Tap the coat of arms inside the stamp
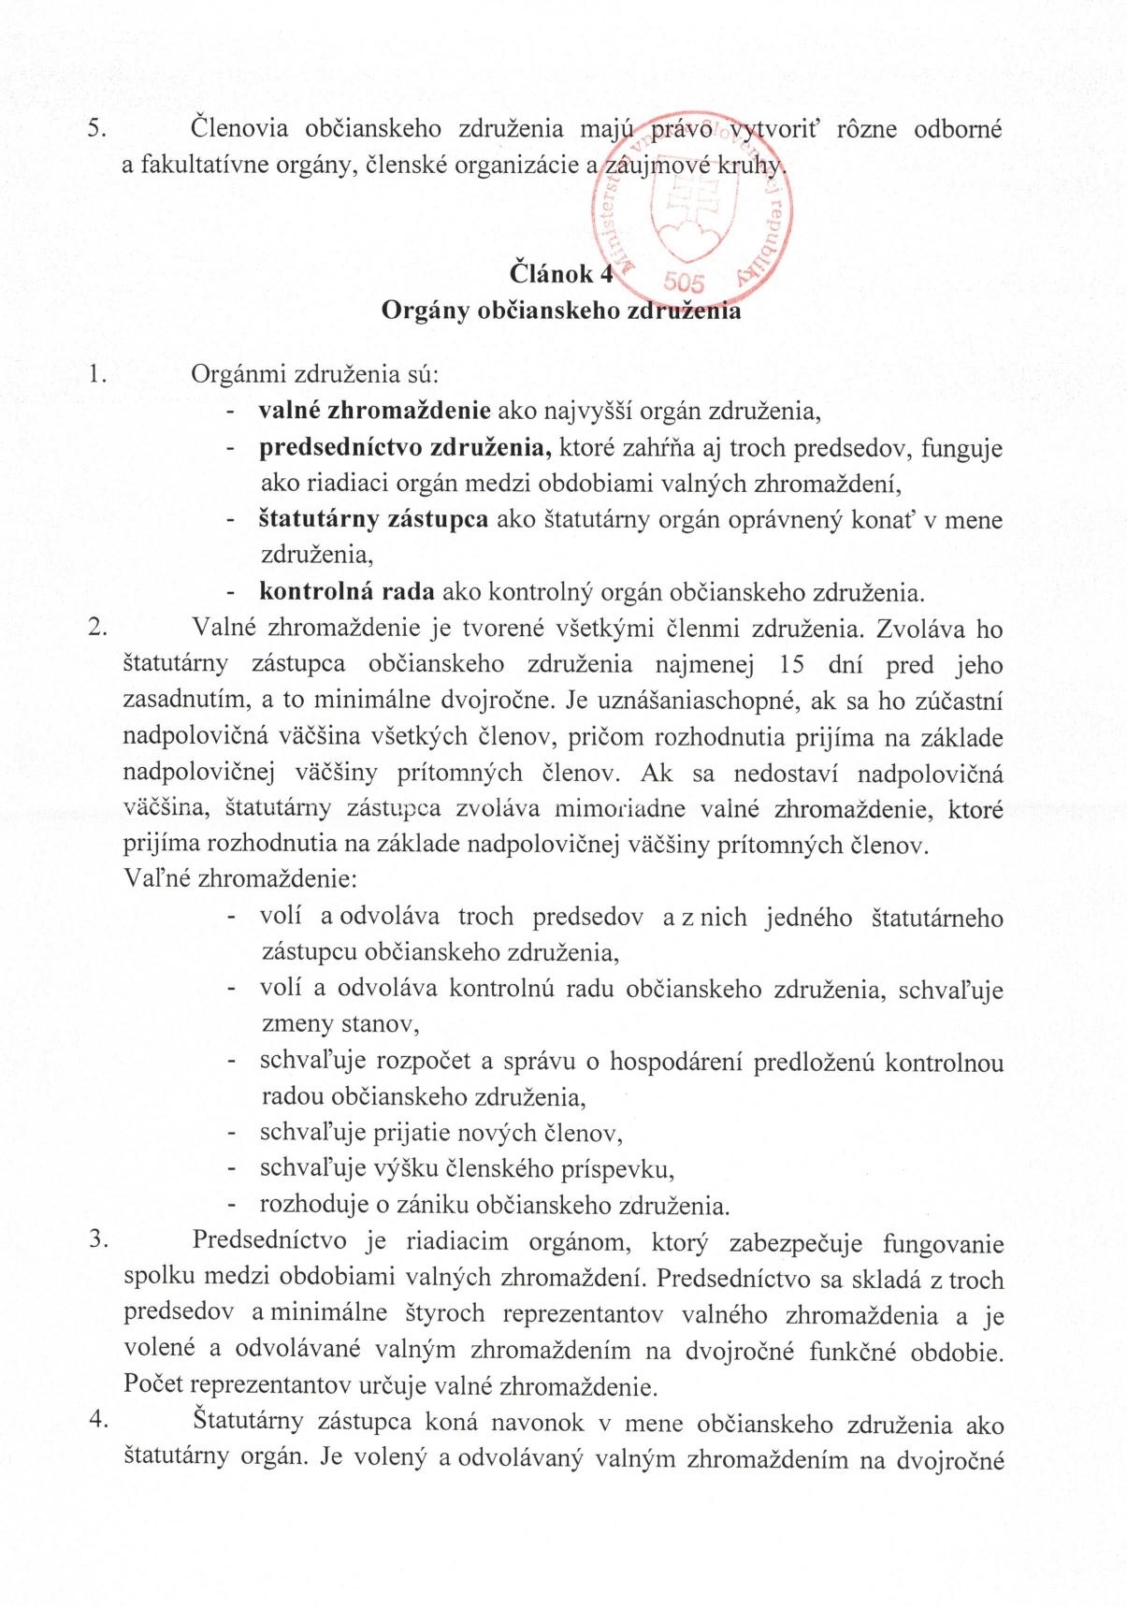pyautogui.click(x=692, y=221)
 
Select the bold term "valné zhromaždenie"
pyautogui.click(x=375, y=411)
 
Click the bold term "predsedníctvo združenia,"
pyautogui.click(x=405, y=447)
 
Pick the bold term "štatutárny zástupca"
pyautogui.click(x=373, y=519)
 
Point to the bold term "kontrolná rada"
pyautogui.click(x=346, y=592)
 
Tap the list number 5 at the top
pyautogui.click(x=94, y=128)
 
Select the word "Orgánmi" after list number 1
pyautogui.click(x=238, y=375)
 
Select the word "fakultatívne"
pyautogui.click(x=207, y=166)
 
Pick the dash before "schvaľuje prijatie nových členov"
pyautogui.click(x=229, y=1135)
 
